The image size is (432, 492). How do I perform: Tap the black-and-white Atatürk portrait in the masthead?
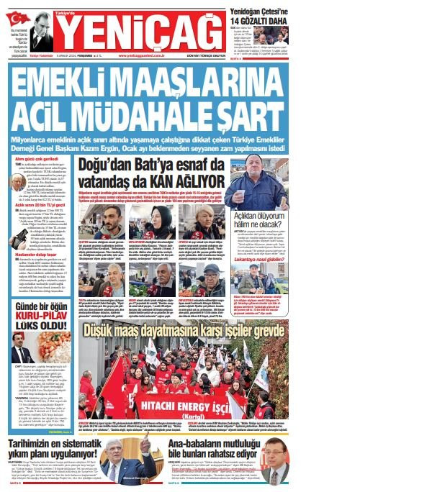40,29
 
